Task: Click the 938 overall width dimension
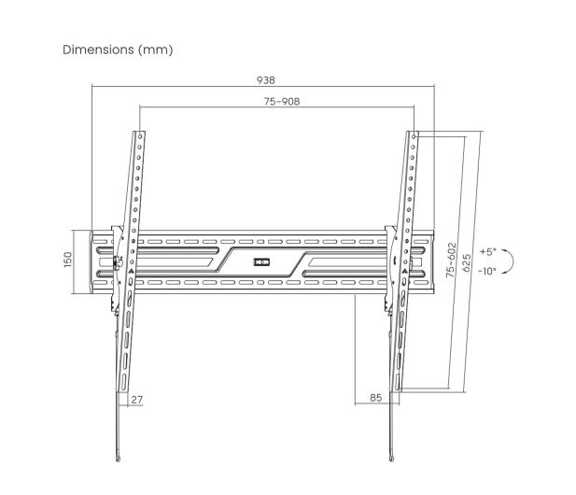point(265,80)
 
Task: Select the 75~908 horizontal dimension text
point(282,101)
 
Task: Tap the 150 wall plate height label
point(68,260)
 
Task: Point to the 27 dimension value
point(136,400)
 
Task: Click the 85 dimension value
point(376,398)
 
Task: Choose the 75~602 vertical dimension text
point(451,260)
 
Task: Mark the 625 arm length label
point(466,262)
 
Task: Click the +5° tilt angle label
point(488,252)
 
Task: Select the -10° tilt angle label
point(487,271)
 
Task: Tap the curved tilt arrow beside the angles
point(513,262)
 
